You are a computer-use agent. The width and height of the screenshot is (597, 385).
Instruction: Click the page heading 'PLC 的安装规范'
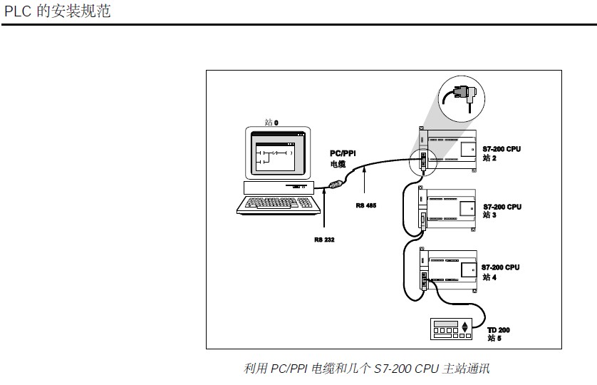pyautogui.click(x=58, y=11)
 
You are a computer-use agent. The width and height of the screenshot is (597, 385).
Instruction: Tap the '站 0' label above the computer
pyautogui.click(x=271, y=123)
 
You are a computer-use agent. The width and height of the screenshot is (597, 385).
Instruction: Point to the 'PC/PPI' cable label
pyautogui.click(x=343, y=153)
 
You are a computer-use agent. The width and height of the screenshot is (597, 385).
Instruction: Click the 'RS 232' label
pyautogui.click(x=323, y=240)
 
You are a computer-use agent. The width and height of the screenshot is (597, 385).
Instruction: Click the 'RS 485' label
pyautogui.click(x=365, y=205)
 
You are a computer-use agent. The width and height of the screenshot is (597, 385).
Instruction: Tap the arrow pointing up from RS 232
pyautogui.click(x=324, y=214)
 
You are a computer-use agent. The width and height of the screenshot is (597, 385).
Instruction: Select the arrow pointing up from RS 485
pyautogui.click(x=365, y=182)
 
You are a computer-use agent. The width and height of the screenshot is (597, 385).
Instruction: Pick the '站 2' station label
pyautogui.click(x=489, y=158)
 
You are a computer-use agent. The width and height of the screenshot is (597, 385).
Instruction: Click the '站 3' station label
pyautogui.click(x=489, y=215)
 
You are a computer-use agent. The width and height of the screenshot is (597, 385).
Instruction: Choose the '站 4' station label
pyautogui.click(x=489, y=277)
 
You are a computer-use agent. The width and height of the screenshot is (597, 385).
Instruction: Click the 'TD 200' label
pyautogui.click(x=499, y=330)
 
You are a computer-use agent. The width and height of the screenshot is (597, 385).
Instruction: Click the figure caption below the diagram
pyautogui.click(x=367, y=369)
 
